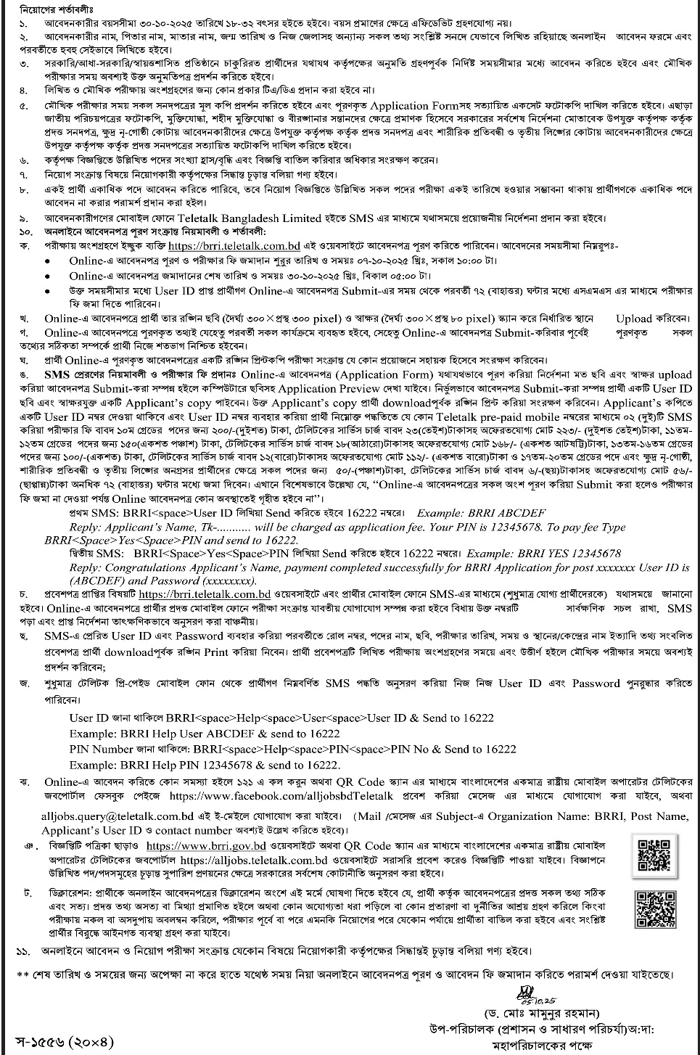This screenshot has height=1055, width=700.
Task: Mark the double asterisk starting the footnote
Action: (x=22, y=974)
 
